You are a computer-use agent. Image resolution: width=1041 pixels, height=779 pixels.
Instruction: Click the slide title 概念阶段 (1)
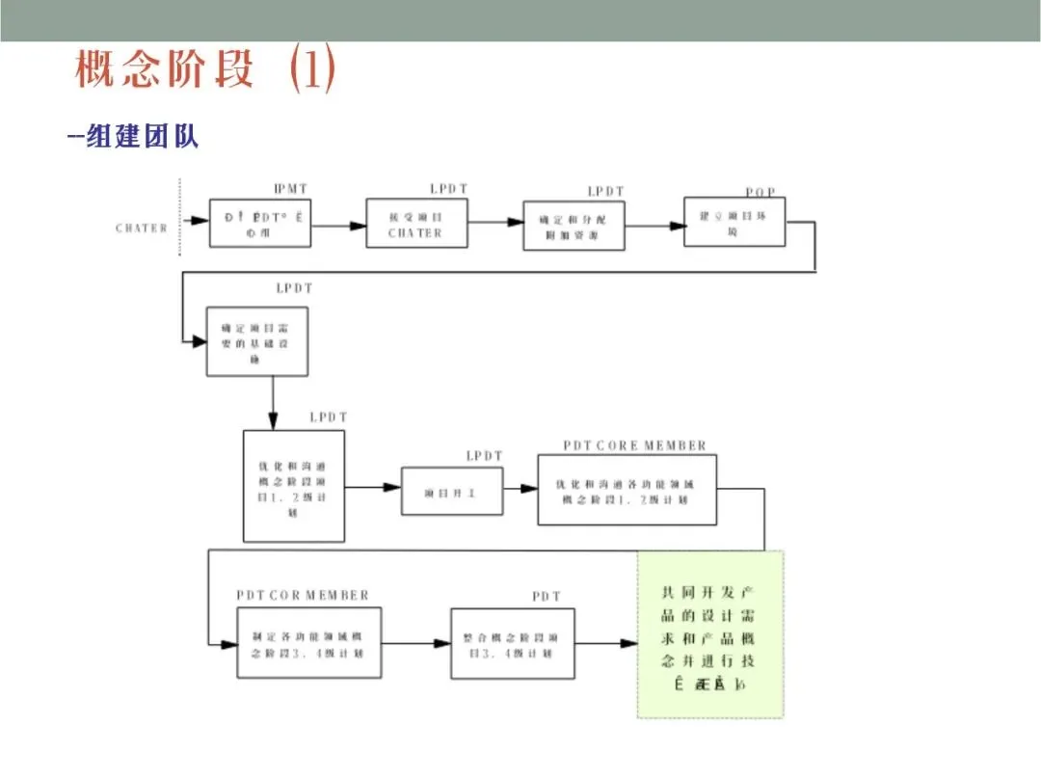tap(205, 70)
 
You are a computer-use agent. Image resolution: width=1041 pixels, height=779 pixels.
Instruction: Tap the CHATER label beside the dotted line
tap(141, 228)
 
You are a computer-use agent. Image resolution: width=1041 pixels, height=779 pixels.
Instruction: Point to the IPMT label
tap(291, 189)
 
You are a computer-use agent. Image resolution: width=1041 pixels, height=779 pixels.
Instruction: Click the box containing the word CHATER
tap(416, 223)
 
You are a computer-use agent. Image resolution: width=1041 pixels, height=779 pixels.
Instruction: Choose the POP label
tap(761, 193)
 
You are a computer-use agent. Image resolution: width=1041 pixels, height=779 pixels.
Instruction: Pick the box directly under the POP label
tap(734, 222)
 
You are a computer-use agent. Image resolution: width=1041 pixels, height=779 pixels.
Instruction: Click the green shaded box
tap(710, 634)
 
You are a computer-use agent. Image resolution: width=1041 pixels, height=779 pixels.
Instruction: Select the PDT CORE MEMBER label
tap(634, 445)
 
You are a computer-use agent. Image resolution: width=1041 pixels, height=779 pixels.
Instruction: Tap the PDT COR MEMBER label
tap(303, 595)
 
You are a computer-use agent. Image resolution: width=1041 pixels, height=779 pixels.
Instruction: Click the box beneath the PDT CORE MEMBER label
tap(627, 493)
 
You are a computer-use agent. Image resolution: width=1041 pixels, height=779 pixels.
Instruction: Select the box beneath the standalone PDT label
tap(513, 643)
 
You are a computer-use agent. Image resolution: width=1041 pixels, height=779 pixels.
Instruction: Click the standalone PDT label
tap(547, 597)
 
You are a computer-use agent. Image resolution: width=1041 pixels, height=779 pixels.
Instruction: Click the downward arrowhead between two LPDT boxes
tap(273, 421)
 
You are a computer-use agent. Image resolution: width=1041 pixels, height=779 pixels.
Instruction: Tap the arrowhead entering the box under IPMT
tap(200, 221)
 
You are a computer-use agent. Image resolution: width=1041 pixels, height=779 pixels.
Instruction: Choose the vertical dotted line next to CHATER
tap(180, 217)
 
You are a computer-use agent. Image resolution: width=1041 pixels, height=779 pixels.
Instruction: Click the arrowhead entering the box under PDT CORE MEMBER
tap(529, 489)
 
